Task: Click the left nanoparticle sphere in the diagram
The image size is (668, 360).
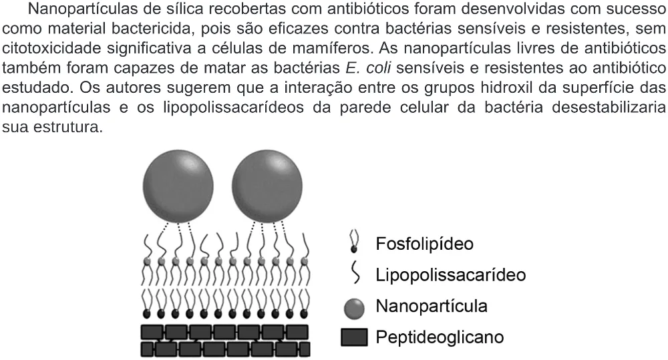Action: [x=178, y=186]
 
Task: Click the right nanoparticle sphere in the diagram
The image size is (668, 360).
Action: [x=267, y=186]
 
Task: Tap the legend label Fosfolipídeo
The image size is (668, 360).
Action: [x=424, y=244]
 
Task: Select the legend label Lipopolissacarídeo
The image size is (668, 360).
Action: [x=450, y=275]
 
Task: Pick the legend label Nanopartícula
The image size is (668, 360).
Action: [x=431, y=306]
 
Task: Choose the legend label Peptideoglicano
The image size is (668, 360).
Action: [x=440, y=337]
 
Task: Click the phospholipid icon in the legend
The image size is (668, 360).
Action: [x=353, y=242]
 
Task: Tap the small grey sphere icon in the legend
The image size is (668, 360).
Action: [x=354, y=309]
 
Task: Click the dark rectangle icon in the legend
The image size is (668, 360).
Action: [x=354, y=337]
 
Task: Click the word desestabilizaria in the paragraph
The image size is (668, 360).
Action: [x=609, y=108]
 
